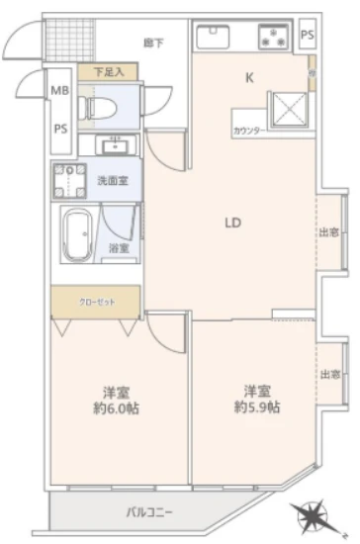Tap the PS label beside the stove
pyautogui.click(x=308, y=36)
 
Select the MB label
pyautogui.click(x=59, y=91)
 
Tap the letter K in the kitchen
pyautogui.click(x=248, y=75)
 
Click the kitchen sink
pyautogui.click(x=215, y=38)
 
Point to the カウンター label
pyautogui.click(x=248, y=130)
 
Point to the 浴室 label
pyautogui.click(x=118, y=247)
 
